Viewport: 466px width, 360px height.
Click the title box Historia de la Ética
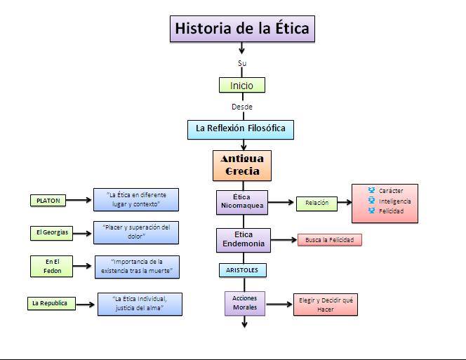click(x=241, y=29)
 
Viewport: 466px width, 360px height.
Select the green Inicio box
click(x=241, y=86)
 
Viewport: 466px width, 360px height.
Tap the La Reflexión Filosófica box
click(x=241, y=129)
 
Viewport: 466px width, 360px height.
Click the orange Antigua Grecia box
click(x=242, y=165)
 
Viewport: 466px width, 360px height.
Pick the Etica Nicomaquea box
click(x=241, y=201)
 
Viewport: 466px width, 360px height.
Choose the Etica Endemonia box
click(x=242, y=239)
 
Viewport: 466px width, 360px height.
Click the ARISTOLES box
click(x=242, y=269)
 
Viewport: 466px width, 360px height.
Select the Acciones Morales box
click(x=245, y=302)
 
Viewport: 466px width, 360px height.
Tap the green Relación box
click(x=317, y=203)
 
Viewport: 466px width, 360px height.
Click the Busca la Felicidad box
click(x=330, y=240)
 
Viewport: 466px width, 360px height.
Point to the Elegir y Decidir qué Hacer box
click(x=325, y=305)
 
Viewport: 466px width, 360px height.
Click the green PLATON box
click(x=48, y=201)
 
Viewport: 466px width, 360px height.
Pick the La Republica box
click(x=49, y=304)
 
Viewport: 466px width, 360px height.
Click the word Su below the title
click(x=242, y=63)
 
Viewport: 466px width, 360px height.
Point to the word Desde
click(x=242, y=107)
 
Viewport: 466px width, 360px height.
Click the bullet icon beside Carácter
click(x=371, y=190)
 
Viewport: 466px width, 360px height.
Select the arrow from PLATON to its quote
click(x=79, y=200)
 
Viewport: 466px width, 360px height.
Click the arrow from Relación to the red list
click(x=343, y=203)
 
